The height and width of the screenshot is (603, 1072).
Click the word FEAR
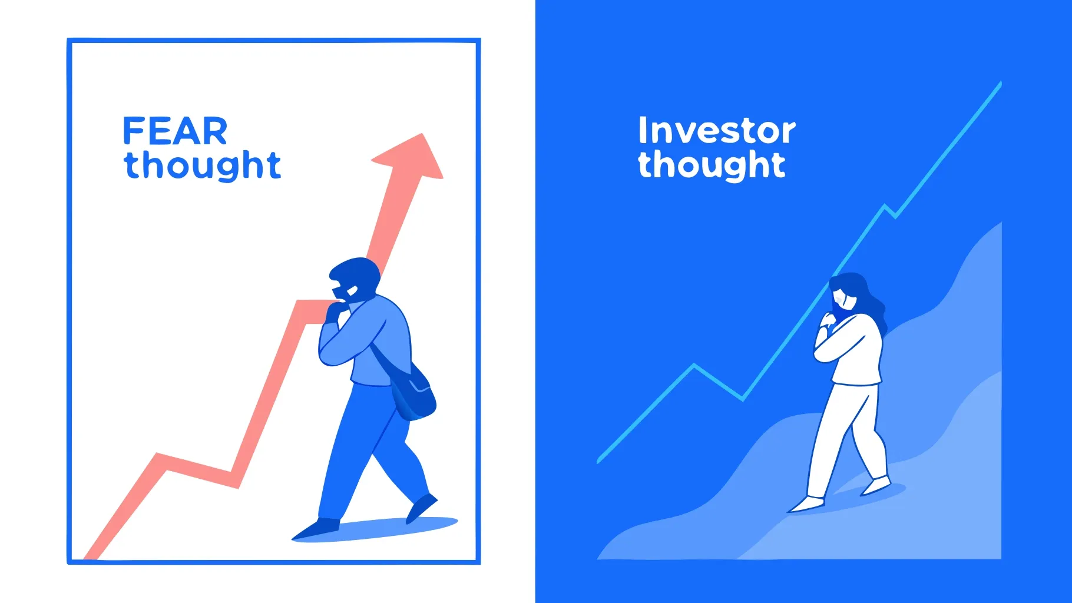coord(174,131)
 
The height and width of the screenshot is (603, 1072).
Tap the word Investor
coord(716,131)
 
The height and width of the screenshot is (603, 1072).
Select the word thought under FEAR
coord(202,165)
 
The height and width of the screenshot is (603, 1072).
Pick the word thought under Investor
coord(712,165)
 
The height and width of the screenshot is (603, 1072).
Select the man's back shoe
coord(422,507)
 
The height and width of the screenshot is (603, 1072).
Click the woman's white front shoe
coord(807,504)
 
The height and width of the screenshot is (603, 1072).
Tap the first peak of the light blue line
coord(694,366)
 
